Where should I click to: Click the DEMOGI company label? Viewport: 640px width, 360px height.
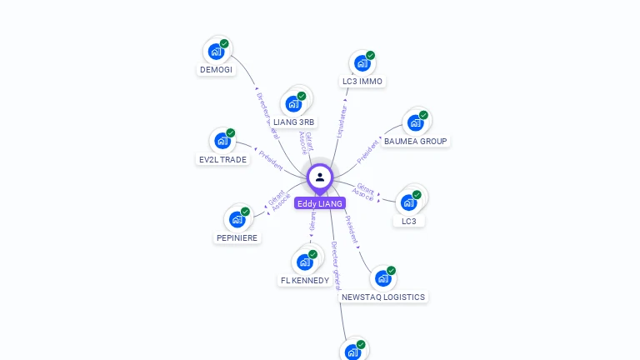tap(217, 70)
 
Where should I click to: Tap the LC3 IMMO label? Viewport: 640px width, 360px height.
tap(362, 82)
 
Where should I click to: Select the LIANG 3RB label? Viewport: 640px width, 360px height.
tap(294, 122)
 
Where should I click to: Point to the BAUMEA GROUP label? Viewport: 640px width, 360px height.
tap(415, 142)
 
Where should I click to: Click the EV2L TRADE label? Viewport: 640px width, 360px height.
tap(222, 159)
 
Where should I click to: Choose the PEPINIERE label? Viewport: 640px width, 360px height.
tap(237, 238)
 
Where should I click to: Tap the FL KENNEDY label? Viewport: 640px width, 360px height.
tap(305, 281)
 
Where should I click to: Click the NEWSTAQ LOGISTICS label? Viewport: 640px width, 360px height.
tap(383, 297)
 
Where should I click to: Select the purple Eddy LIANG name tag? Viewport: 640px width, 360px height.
tap(320, 203)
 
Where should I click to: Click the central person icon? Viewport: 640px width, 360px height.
tap(320, 177)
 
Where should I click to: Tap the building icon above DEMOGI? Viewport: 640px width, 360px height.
tap(216, 52)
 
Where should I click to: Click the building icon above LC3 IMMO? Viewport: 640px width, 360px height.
tap(362, 63)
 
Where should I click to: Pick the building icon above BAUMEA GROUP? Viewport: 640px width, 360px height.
tap(415, 123)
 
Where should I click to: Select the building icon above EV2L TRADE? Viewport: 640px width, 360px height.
tap(222, 141)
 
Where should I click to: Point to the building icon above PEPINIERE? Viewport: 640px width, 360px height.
tap(237, 220)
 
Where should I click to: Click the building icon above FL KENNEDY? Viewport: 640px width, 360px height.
tap(305, 262)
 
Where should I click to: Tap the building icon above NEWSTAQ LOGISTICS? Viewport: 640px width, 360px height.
tap(382, 279)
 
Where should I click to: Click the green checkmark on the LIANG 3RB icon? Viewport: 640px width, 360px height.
tap(302, 96)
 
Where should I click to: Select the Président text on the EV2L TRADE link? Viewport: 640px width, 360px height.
tap(271, 160)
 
